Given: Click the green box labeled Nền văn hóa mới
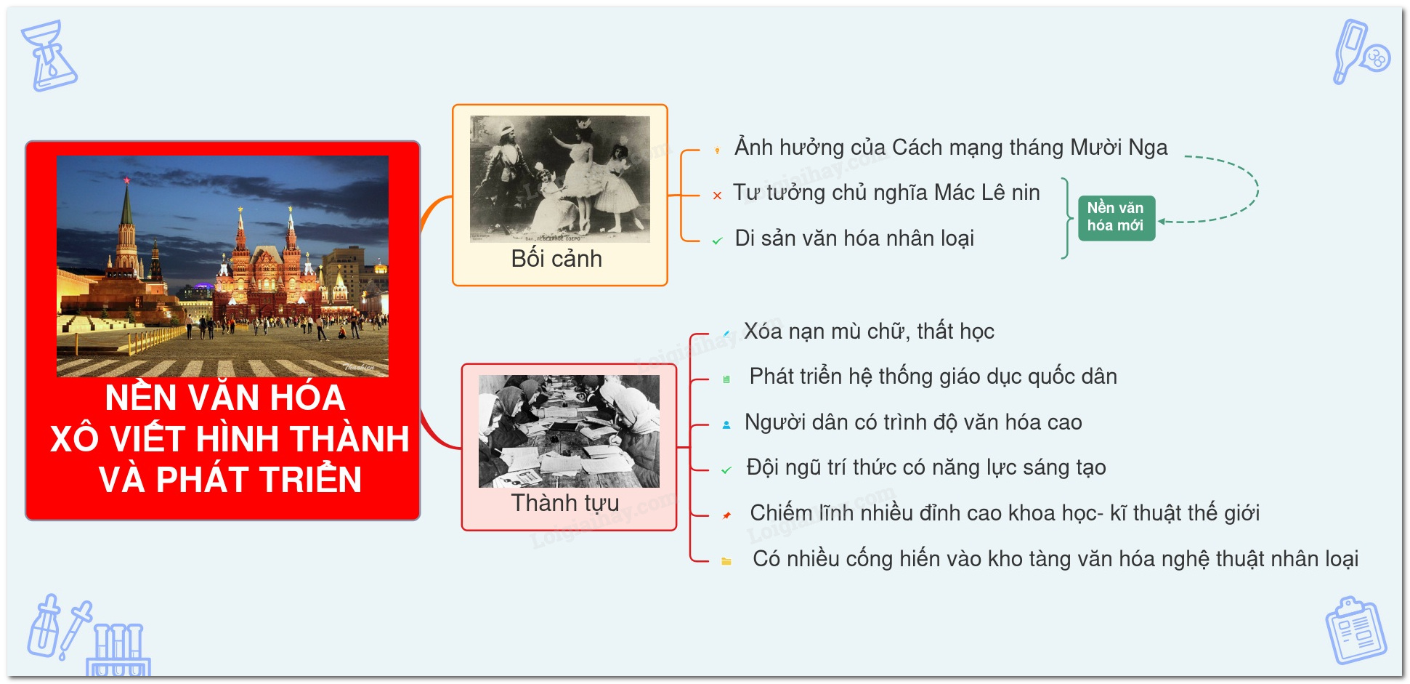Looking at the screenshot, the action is tap(1116, 217).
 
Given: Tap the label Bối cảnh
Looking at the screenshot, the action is tap(556, 259).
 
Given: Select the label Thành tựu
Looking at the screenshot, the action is tap(564, 503).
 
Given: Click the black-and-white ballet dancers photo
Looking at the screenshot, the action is tap(560, 179).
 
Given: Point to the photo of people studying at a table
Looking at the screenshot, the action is tap(569, 431).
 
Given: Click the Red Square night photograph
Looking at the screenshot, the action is tap(222, 266).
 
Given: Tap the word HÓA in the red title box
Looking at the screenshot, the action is tap(308, 398).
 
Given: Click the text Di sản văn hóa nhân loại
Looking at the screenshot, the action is tap(854, 238).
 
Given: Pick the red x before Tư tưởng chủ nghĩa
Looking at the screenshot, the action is tap(717, 196).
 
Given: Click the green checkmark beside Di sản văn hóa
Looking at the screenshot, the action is tap(717, 241).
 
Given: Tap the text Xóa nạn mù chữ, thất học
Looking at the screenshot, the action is tap(869, 331).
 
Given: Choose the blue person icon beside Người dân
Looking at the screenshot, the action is tap(726, 425).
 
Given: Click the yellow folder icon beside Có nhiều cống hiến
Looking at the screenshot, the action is tap(726, 561).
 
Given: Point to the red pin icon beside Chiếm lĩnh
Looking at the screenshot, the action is tap(726, 515).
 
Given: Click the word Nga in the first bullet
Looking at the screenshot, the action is tap(1148, 148).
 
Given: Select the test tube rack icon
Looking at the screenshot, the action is tap(118, 651).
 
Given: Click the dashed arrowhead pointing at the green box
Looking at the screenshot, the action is tap(1162, 222).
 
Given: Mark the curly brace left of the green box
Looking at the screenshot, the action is tap(1066, 218).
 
